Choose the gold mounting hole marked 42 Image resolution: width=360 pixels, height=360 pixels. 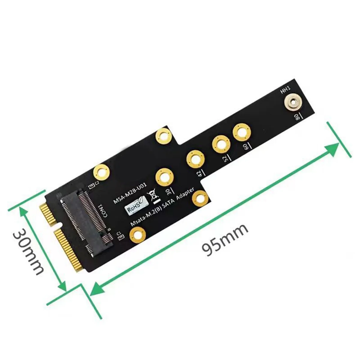[195, 159]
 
